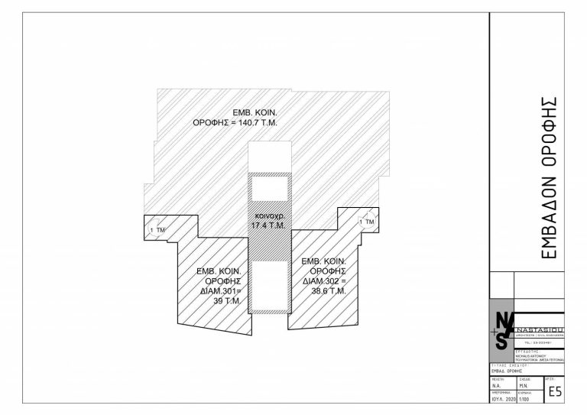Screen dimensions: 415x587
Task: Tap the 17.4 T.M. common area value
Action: click(x=268, y=226)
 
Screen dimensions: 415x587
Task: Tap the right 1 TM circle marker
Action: click(x=366, y=222)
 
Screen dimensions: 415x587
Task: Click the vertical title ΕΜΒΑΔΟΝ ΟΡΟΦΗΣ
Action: click(x=548, y=177)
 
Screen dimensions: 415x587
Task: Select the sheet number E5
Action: click(x=554, y=392)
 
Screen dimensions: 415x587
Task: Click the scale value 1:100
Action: click(x=524, y=399)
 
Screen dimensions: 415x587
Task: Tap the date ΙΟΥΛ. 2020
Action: click(x=501, y=399)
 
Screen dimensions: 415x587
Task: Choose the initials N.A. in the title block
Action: click(x=497, y=386)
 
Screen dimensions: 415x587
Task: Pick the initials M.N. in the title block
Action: click(x=524, y=386)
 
